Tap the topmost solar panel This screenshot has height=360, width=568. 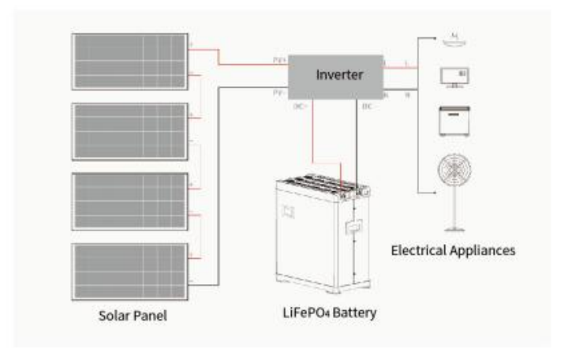129,62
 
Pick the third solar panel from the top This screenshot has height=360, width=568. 129,201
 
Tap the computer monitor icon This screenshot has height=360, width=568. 454,77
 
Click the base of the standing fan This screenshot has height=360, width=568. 454,229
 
